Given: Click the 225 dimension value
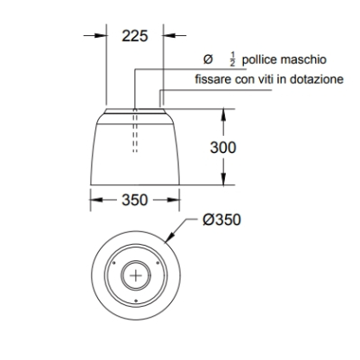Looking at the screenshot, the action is [135, 36].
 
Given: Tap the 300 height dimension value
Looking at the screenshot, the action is [223, 148].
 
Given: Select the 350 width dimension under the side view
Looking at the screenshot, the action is [135, 200].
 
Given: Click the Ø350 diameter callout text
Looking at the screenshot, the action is [221, 220].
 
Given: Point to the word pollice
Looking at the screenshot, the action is [259, 59].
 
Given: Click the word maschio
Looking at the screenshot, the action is [303, 59].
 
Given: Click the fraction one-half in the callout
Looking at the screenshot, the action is [233, 59].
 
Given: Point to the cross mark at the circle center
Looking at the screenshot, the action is [136, 275].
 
